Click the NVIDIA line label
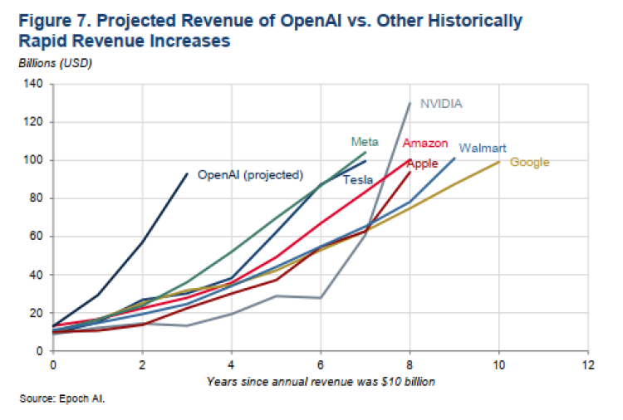point(441,104)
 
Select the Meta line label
point(358,141)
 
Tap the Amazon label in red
point(425,144)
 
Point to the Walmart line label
point(482,148)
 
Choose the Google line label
point(529,162)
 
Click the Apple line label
point(422,164)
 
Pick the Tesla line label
point(358,179)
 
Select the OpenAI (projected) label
point(250,174)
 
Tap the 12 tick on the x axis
point(589,364)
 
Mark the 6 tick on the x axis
point(321,364)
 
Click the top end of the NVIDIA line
point(410,103)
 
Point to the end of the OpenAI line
point(187,173)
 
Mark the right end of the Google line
point(499,161)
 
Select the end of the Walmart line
point(454,158)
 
